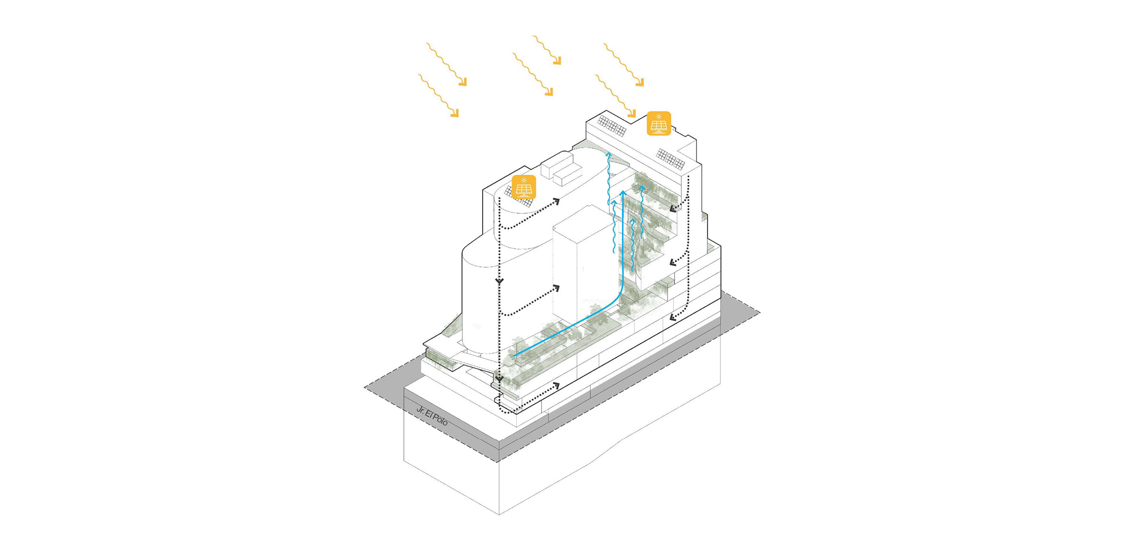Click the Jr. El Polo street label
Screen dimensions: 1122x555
(x=432, y=416)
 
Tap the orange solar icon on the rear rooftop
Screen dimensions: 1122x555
(x=659, y=123)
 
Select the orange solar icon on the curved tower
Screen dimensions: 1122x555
(x=524, y=187)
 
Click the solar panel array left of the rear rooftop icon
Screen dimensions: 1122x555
(x=612, y=125)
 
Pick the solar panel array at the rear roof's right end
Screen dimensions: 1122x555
(x=671, y=159)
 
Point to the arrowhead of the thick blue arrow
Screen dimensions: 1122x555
(x=623, y=194)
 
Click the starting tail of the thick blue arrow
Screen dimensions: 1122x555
(x=514, y=355)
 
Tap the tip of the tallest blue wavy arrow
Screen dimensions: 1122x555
(x=608, y=154)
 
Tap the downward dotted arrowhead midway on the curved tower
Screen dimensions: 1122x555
(x=499, y=281)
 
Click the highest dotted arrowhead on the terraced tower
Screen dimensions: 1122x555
(x=673, y=208)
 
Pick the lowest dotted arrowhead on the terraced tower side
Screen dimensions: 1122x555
(x=673, y=318)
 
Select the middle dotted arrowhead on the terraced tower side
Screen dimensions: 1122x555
(x=673, y=262)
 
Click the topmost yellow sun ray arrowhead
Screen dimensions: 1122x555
(x=558, y=61)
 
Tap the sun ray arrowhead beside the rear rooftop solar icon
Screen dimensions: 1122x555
(x=632, y=113)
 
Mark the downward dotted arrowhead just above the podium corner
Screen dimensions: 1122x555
(x=499, y=379)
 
